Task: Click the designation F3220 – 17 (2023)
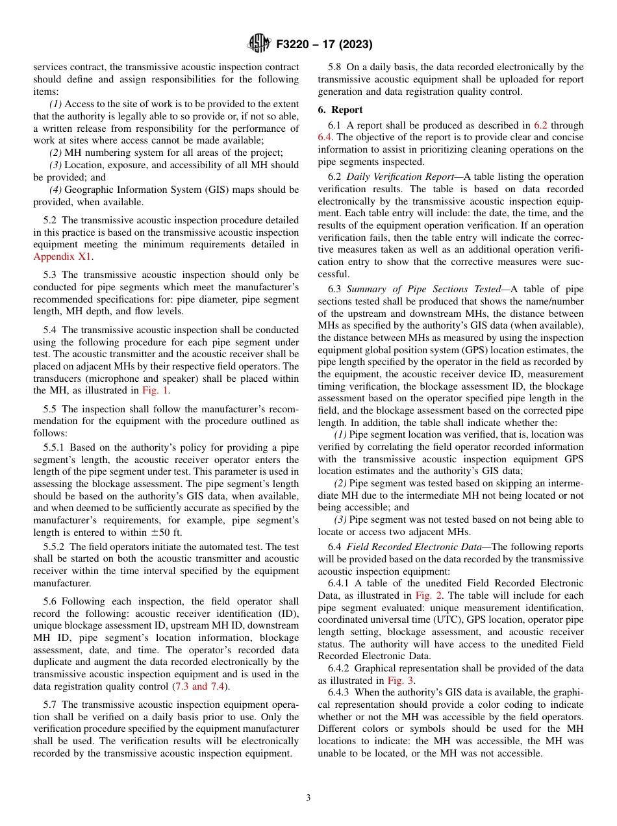324,45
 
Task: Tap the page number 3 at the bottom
308,797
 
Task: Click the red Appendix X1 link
62,256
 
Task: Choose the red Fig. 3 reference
401,680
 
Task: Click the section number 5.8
335,67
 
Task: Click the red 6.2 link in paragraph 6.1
540,125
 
